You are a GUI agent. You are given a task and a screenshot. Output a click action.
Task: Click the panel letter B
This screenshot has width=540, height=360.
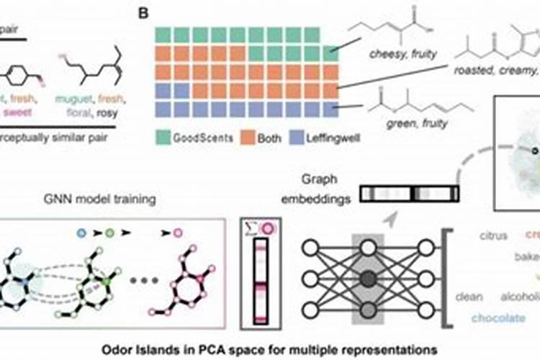point(144,12)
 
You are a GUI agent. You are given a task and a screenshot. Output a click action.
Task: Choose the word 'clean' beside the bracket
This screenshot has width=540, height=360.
point(469,296)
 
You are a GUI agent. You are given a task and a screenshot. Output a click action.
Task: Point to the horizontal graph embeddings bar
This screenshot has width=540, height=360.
point(410,194)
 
